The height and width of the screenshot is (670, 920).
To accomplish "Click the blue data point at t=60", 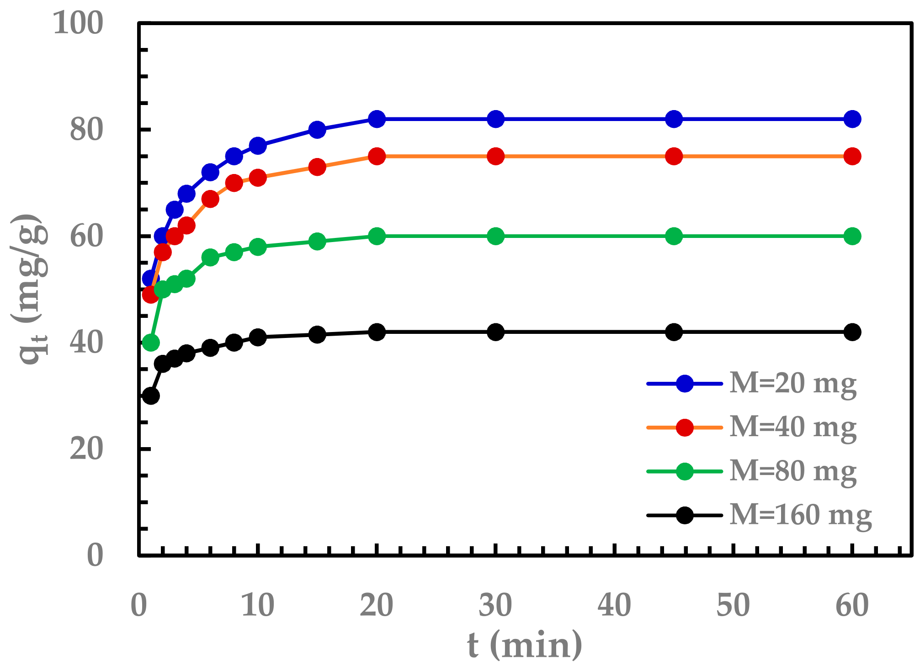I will [x=852, y=119].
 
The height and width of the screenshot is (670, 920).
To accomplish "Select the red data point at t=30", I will [x=495, y=157].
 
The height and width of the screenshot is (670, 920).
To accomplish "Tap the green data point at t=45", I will [x=674, y=236].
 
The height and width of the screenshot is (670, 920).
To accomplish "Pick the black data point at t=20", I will [x=377, y=332].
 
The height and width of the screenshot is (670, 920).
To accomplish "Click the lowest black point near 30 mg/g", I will [x=151, y=396].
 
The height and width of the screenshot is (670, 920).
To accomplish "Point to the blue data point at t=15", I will [x=317, y=130].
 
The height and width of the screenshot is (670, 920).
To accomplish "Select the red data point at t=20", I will [x=377, y=157].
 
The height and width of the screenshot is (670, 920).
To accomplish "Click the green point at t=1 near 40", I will [x=151, y=343].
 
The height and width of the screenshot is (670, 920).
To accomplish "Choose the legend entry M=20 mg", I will [x=793, y=384].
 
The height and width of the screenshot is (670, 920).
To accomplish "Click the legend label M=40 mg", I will [x=793, y=427].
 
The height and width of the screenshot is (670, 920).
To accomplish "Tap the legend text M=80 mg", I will [x=793, y=471].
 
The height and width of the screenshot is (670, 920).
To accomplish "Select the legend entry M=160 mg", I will [x=800, y=515].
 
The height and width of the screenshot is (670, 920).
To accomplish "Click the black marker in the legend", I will [x=685, y=516].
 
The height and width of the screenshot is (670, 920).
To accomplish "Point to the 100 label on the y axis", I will [x=78, y=23].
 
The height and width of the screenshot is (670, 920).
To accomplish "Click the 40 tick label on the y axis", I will [x=86, y=343].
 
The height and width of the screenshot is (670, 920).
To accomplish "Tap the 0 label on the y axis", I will [x=95, y=556].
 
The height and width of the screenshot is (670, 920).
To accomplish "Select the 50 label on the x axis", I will [x=733, y=605].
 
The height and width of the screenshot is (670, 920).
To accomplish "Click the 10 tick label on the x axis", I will [x=258, y=605].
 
